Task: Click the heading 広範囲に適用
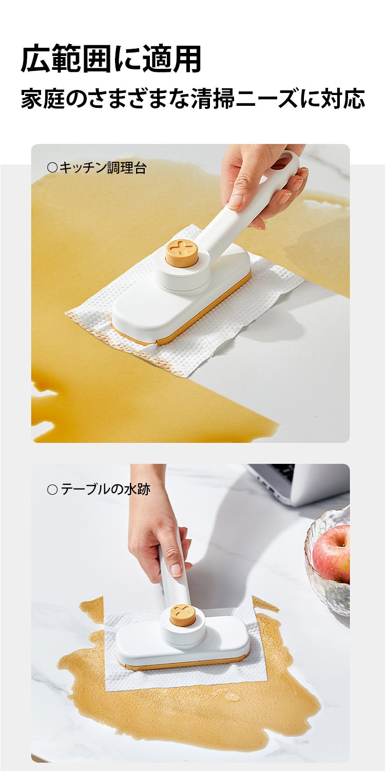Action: pyautogui.click(x=111, y=59)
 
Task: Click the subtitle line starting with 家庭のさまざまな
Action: pyautogui.click(x=192, y=99)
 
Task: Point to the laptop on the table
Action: pyautogui.click(x=298, y=482)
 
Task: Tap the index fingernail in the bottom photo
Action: pyautogui.click(x=177, y=569)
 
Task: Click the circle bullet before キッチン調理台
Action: pyautogui.click(x=52, y=168)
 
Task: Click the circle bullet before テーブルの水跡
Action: pyautogui.click(x=52, y=490)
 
